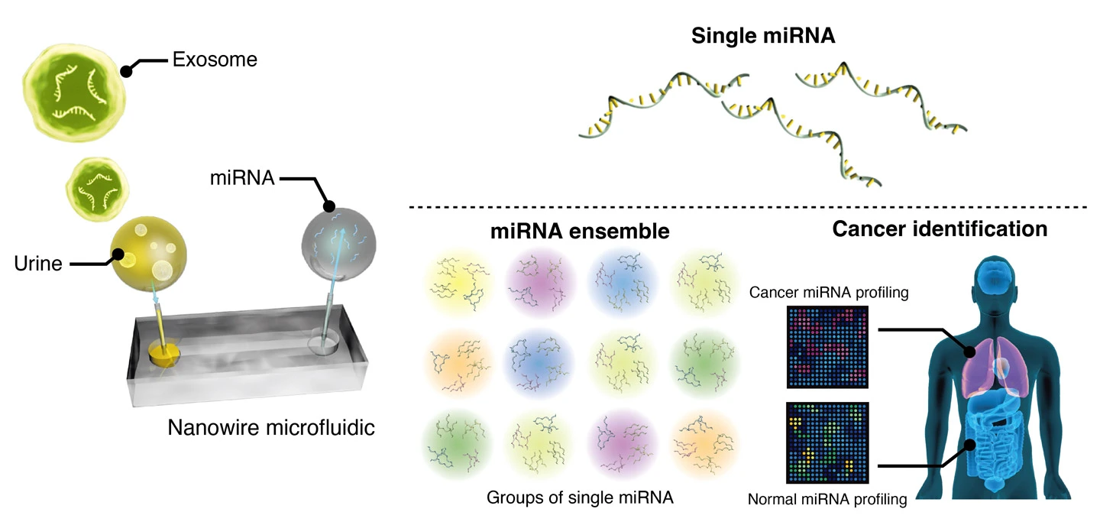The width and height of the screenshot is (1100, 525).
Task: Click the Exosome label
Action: (214, 59)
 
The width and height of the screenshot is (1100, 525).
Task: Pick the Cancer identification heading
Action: (940, 228)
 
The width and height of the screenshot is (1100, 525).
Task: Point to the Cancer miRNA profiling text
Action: (828, 292)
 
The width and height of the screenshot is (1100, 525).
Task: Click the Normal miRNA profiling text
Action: (827, 501)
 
